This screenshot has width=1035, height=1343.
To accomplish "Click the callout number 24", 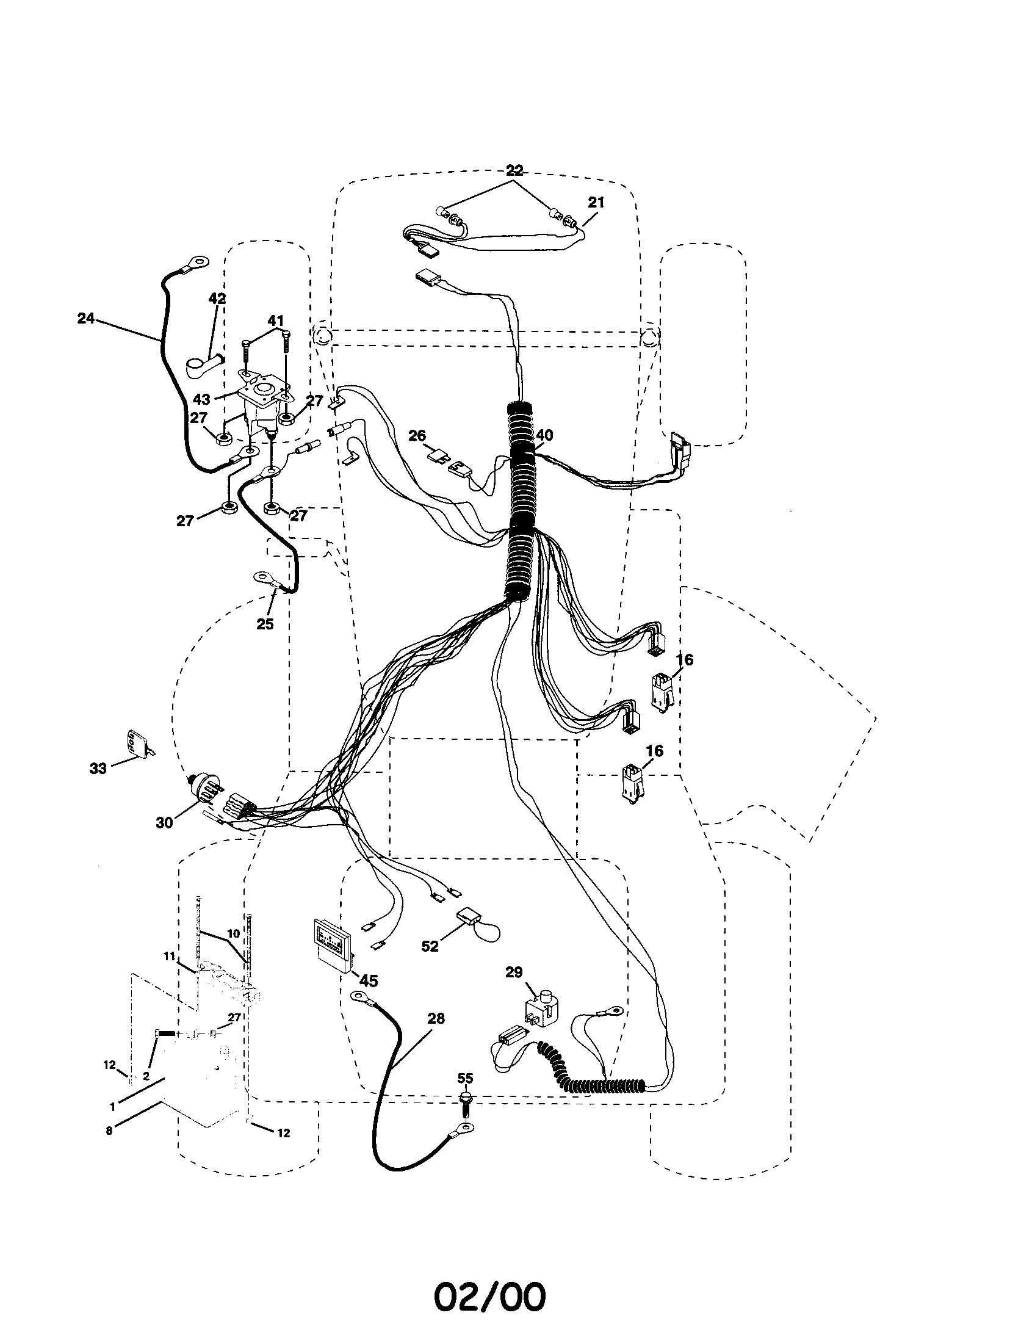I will click(x=86, y=319).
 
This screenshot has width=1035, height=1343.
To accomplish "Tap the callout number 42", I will click(x=217, y=300).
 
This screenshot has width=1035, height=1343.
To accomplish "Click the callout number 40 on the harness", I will click(x=544, y=435).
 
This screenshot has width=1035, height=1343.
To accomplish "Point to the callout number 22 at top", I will click(x=514, y=170).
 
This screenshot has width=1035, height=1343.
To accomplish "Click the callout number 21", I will click(x=596, y=202).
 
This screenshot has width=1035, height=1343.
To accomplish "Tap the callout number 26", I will click(x=417, y=436).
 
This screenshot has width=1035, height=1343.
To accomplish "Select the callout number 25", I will click(x=265, y=623).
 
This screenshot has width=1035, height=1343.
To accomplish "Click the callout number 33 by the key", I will click(x=98, y=769).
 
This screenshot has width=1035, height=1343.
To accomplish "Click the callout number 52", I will click(x=430, y=946).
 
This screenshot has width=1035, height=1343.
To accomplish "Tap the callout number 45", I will click(x=368, y=981).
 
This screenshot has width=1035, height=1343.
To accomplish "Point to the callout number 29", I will click(x=514, y=972).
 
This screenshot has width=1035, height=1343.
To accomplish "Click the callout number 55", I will click(x=465, y=1077).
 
